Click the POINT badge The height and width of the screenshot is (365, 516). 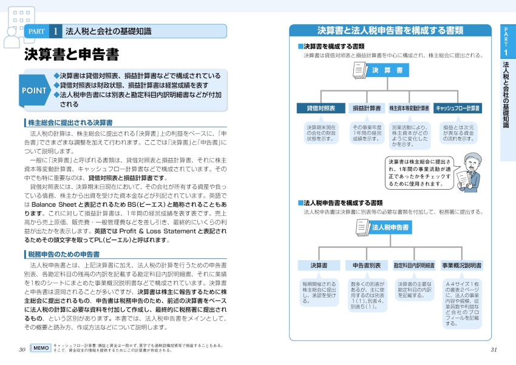click(x=36, y=90)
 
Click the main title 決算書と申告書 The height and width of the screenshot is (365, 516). click(x=72, y=55)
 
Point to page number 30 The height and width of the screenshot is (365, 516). click(x=22, y=349)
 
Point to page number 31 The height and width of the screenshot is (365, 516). click(x=494, y=349)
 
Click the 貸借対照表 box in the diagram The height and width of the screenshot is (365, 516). click(x=321, y=109)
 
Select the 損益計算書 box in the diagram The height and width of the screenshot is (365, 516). click(x=367, y=109)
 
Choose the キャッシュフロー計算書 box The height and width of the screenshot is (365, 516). click(x=458, y=109)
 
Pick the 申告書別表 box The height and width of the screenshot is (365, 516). click(x=367, y=266)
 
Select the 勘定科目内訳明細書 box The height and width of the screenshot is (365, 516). click(x=414, y=266)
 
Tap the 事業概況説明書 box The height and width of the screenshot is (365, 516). click(x=461, y=266)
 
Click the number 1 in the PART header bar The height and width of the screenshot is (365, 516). click(x=55, y=31)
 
